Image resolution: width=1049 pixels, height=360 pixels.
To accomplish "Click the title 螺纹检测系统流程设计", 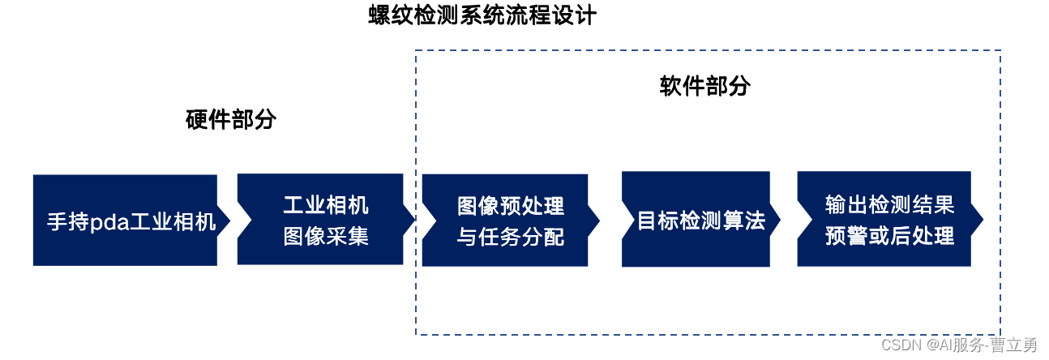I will tap(482, 16).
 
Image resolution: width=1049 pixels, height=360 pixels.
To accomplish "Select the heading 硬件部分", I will tap(231, 121).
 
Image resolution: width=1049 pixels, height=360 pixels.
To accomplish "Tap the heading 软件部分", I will tap(705, 86).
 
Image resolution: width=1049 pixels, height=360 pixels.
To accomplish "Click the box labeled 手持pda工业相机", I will tap(125, 220).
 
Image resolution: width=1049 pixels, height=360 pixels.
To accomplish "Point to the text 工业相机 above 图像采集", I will tap(326, 205).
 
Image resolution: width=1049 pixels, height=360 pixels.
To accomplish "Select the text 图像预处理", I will tap(511, 205).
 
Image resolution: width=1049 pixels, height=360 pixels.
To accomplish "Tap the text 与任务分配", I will tap(511, 237).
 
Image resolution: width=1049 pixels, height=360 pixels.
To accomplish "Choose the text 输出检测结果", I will tap(889, 204).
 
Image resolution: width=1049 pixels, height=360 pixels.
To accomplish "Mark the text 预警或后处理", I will tap(889, 236).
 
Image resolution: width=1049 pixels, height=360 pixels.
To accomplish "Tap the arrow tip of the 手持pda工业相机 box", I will tap(229, 220).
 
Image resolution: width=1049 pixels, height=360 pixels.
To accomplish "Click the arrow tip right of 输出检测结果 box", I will tap(982, 219).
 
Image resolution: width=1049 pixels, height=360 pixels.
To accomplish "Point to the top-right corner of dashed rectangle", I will tap(1000, 51).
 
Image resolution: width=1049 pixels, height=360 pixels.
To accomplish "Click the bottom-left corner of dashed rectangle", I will tap(416, 334).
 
